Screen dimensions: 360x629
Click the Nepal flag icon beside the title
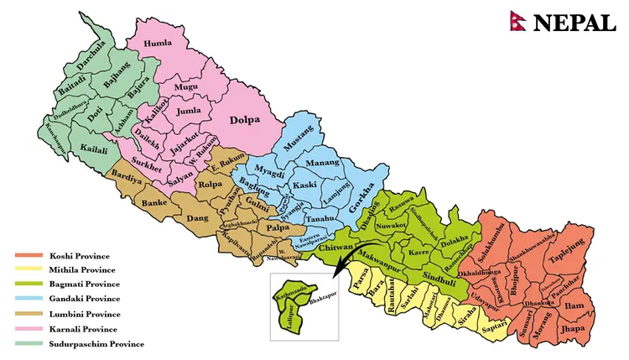(x=517, y=22)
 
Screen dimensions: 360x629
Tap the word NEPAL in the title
(x=574, y=23)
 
